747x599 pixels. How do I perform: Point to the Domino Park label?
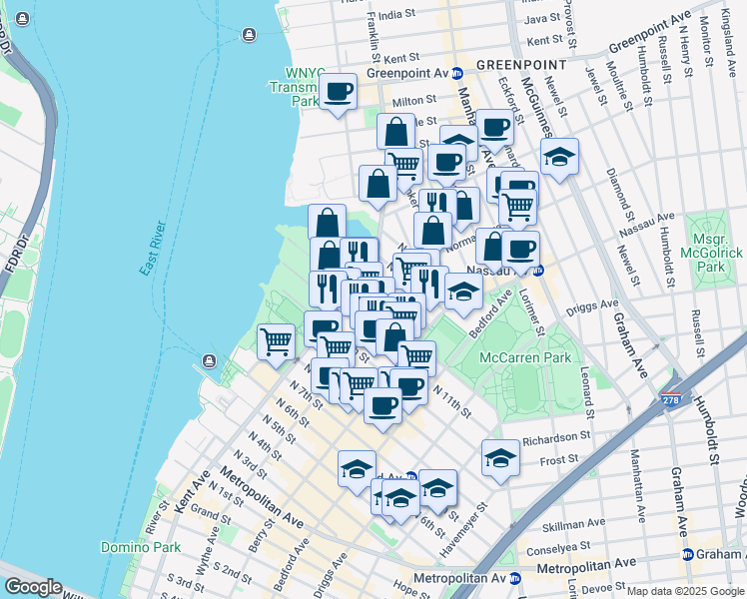140,547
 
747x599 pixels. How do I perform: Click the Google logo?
32,587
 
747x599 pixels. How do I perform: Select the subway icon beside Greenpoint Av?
456,73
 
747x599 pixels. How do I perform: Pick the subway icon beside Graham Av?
687,554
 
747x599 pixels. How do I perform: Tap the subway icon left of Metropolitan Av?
516,577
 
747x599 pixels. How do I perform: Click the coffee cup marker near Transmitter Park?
339,91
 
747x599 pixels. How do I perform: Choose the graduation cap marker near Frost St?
500,457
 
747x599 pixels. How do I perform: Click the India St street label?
395,15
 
